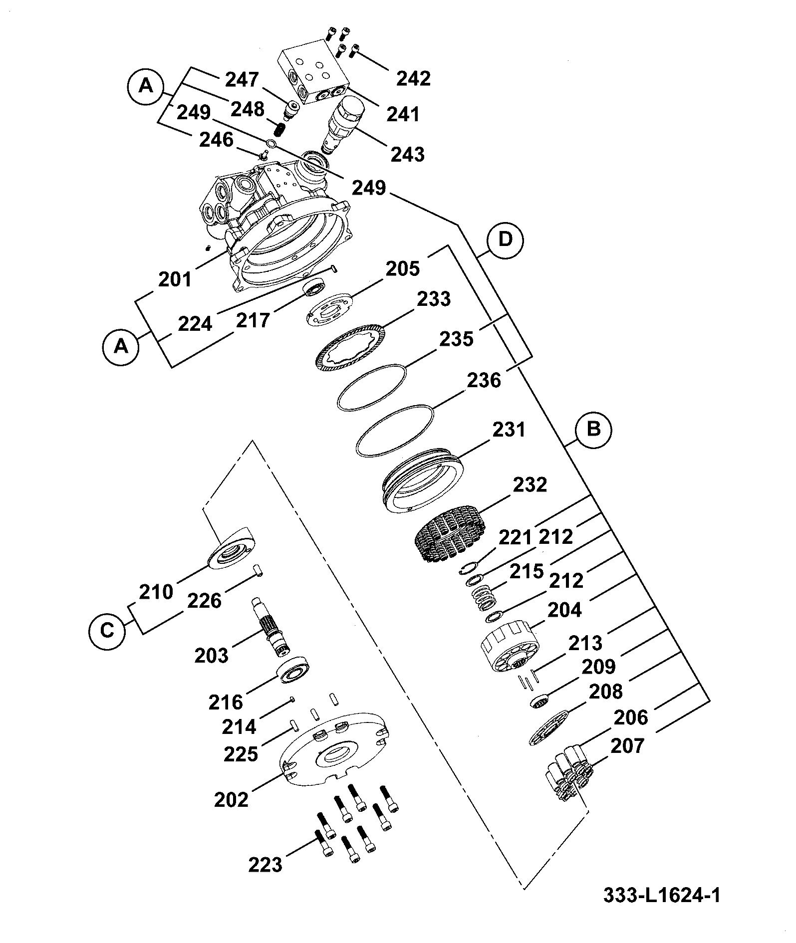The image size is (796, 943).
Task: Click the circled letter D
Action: coord(506,239)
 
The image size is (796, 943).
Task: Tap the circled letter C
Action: coord(107,630)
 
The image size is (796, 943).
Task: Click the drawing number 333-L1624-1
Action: coord(662,896)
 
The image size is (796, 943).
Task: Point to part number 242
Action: coord(413,79)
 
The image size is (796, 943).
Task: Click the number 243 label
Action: coord(407,154)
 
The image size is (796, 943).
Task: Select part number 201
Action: coord(175,280)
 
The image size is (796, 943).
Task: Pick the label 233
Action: coord(434,299)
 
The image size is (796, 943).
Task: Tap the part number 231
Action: coord(509,430)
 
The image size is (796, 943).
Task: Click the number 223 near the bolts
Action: coord(265,864)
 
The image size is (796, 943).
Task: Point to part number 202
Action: coord(231,800)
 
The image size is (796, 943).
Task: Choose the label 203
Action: coord(211,656)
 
